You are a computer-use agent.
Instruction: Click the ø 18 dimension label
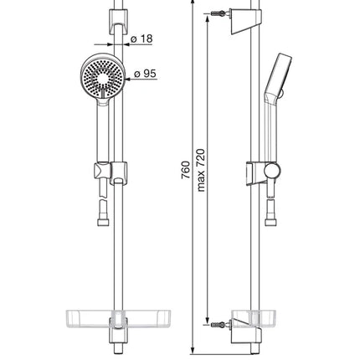coord(141,39)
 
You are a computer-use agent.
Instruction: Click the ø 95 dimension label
coord(145,74)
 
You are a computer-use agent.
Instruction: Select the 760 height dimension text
coord(186,170)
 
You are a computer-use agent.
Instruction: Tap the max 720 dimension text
coord(201,170)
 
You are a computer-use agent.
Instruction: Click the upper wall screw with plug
coord(219,13)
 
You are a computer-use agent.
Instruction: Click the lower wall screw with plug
coord(219,325)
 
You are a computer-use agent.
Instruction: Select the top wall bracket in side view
coord(244,22)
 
